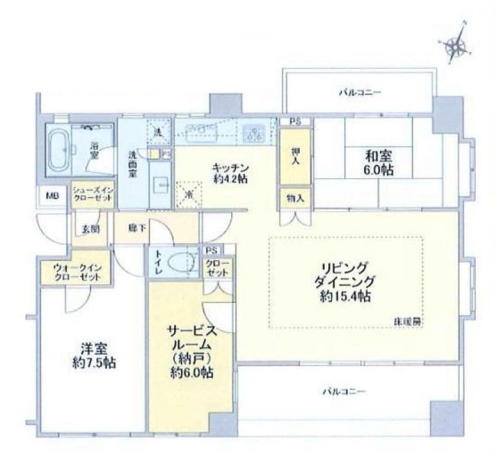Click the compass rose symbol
(x=457, y=44)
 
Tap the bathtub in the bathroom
(x=58, y=150)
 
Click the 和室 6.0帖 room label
(x=380, y=163)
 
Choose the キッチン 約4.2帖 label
(x=230, y=173)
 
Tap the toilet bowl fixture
(x=183, y=262)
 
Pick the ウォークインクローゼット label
(x=76, y=272)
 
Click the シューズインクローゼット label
(x=92, y=194)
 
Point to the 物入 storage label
(x=295, y=199)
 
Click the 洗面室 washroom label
(x=132, y=164)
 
